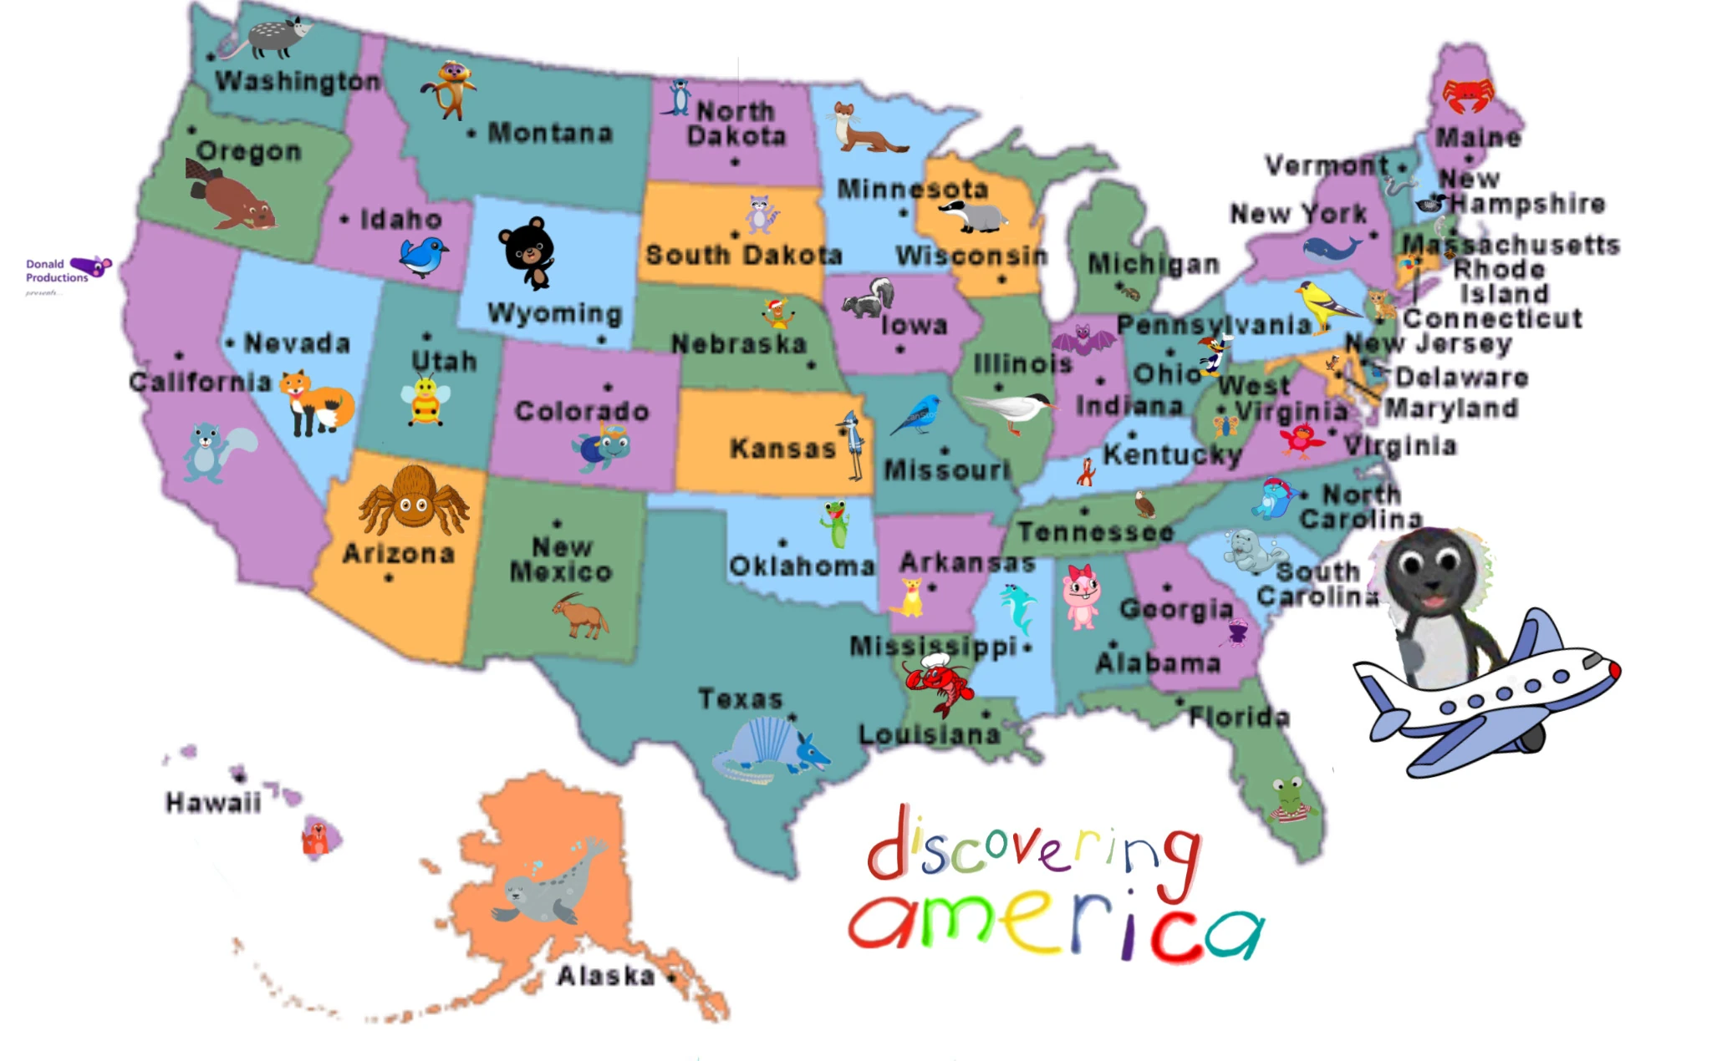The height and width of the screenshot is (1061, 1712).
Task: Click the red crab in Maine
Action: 1468,94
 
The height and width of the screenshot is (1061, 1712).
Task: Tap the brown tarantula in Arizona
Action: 413,500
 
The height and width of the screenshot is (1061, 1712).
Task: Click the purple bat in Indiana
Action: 1083,340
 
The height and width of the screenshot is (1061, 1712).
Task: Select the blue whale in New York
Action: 1329,248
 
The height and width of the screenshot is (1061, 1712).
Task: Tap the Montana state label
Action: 550,133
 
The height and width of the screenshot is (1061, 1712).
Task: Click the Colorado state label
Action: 582,411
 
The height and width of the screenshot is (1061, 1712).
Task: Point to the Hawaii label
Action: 213,803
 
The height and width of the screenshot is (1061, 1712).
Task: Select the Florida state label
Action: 1240,717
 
